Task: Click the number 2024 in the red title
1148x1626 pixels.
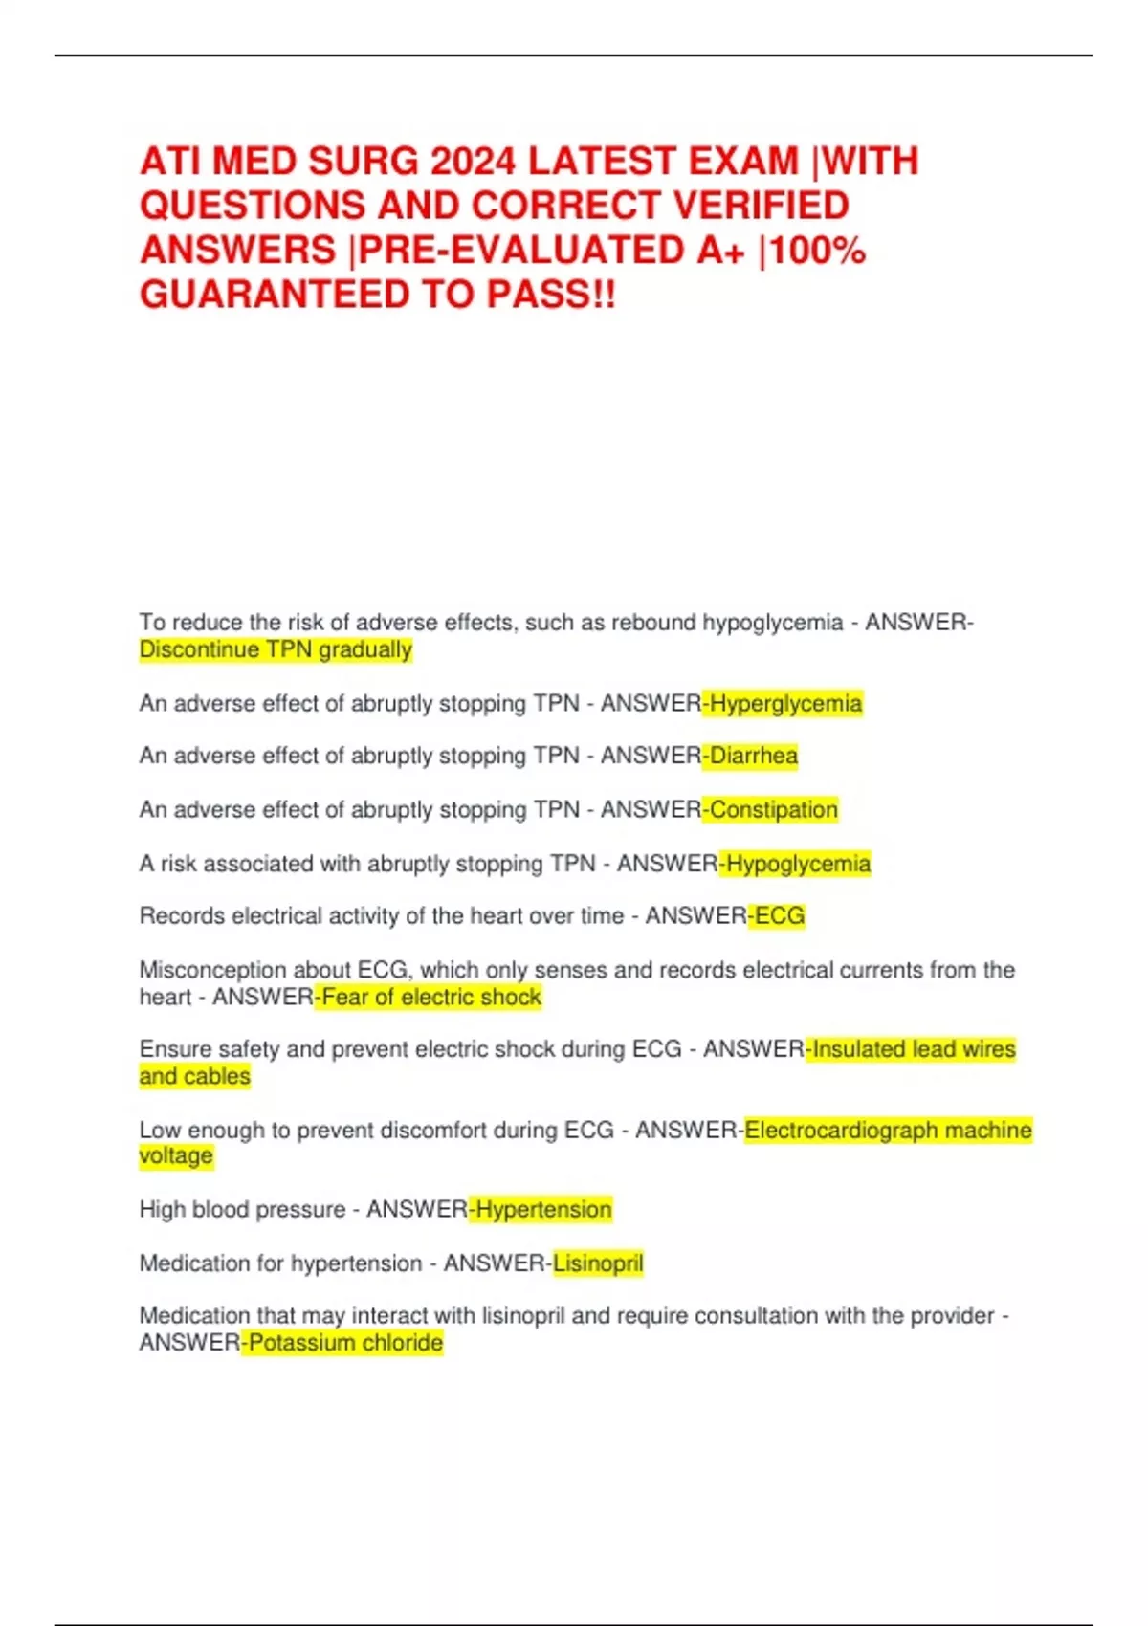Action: click(x=474, y=162)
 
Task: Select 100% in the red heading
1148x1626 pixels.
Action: click(x=818, y=251)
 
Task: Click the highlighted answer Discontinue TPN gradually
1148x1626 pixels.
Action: click(x=276, y=650)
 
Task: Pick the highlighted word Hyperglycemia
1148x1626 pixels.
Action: click(x=785, y=704)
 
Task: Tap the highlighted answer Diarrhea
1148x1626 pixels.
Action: click(x=753, y=757)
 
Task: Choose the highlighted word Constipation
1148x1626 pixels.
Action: click(x=773, y=810)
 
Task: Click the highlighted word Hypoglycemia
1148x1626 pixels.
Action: click(x=798, y=864)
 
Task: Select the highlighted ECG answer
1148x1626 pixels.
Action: click(x=780, y=916)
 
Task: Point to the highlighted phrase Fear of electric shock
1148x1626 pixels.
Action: click(x=431, y=998)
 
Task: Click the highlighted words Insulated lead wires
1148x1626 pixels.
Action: click(x=914, y=1049)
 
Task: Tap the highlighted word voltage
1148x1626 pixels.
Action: click(x=176, y=1156)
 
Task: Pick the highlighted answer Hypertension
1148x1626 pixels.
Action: click(x=543, y=1210)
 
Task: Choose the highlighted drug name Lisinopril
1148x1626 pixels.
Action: click(x=598, y=1263)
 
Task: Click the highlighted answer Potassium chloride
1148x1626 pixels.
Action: click(x=345, y=1343)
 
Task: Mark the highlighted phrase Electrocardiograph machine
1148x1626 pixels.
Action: click(x=888, y=1131)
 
